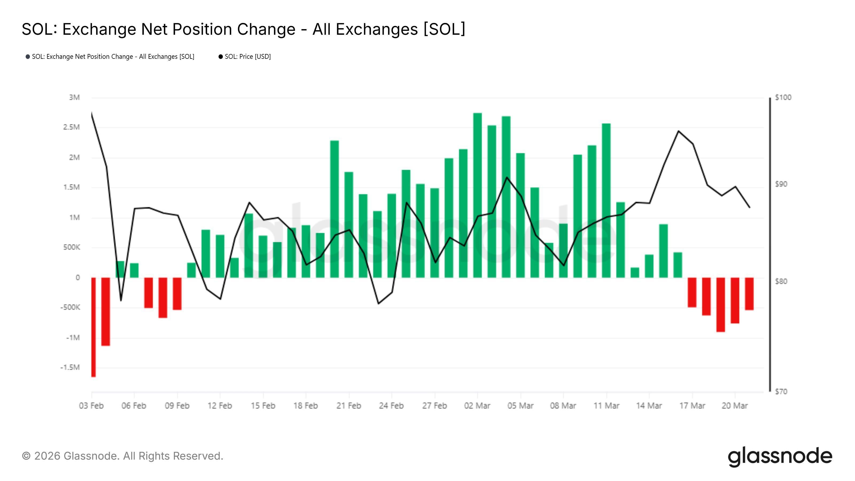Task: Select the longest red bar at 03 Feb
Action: (x=93, y=327)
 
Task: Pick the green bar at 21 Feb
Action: (x=348, y=225)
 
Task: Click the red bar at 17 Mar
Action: (x=692, y=292)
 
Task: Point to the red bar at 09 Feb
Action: (x=177, y=294)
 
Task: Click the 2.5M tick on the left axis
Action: (x=71, y=127)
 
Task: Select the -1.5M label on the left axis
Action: (x=70, y=367)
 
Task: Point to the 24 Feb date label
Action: (x=391, y=406)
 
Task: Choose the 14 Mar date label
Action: (x=649, y=406)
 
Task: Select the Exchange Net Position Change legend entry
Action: (x=113, y=57)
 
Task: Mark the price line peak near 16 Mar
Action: (x=679, y=131)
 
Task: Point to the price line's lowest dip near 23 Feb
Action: (x=378, y=303)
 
